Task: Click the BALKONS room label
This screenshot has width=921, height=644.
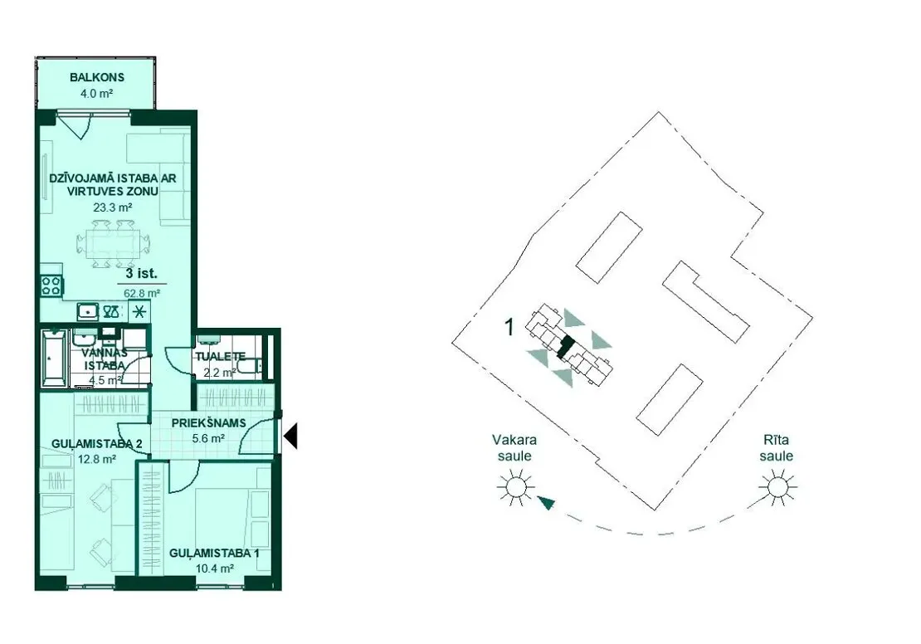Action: [97, 77]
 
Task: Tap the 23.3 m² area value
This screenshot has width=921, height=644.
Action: [113, 207]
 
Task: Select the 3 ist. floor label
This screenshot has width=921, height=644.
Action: [142, 273]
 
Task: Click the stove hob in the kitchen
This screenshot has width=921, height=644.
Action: [51, 285]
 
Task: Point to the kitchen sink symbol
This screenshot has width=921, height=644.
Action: [88, 311]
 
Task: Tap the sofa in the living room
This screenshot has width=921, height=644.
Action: [158, 178]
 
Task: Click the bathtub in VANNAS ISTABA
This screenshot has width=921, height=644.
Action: [55, 358]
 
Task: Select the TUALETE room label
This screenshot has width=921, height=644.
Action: [220, 356]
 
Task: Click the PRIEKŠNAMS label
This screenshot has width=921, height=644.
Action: [208, 423]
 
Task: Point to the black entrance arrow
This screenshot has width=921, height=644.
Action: [290, 437]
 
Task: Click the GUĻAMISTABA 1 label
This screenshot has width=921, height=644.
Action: [214, 553]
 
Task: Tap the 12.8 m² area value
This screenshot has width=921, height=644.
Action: [96, 459]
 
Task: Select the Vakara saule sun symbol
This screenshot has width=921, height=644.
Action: [516, 487]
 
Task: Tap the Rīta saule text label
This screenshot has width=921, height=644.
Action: [776, 448]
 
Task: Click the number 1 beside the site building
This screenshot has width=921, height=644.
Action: [509, 327]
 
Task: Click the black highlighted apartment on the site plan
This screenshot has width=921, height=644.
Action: [564, 347]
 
